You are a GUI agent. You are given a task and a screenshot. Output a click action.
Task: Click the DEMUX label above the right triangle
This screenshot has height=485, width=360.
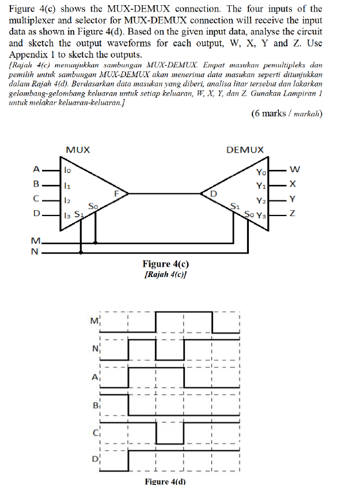pos(245,150)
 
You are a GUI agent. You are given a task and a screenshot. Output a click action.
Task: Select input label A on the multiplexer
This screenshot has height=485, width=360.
pos(36,169)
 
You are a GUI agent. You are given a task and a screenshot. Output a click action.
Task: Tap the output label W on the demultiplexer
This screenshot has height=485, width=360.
pos(294,169)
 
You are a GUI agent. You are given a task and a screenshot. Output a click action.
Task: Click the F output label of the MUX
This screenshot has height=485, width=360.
pos(118,194)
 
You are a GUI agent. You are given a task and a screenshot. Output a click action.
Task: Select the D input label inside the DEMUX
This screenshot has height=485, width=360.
pos(213,194)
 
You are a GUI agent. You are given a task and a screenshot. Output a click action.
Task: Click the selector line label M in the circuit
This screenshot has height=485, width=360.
pos(36,241)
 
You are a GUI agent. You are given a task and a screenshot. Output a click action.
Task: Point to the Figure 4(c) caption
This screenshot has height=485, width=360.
pos(166,264)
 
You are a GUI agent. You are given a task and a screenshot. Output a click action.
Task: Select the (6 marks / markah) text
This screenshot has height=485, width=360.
pos(287,113)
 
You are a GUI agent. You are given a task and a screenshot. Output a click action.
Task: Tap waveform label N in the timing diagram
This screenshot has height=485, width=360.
pos(95,348)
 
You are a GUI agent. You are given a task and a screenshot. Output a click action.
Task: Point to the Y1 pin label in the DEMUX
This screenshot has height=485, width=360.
pos(262,185)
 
